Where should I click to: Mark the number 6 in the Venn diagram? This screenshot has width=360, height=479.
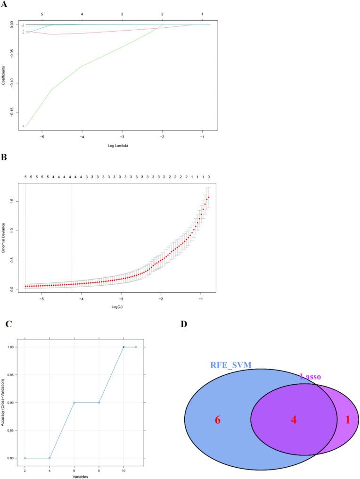click(218, 420)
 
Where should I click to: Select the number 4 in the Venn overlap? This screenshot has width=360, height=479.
click(294, 420)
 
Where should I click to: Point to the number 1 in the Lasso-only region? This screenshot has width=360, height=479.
click(348, 420)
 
